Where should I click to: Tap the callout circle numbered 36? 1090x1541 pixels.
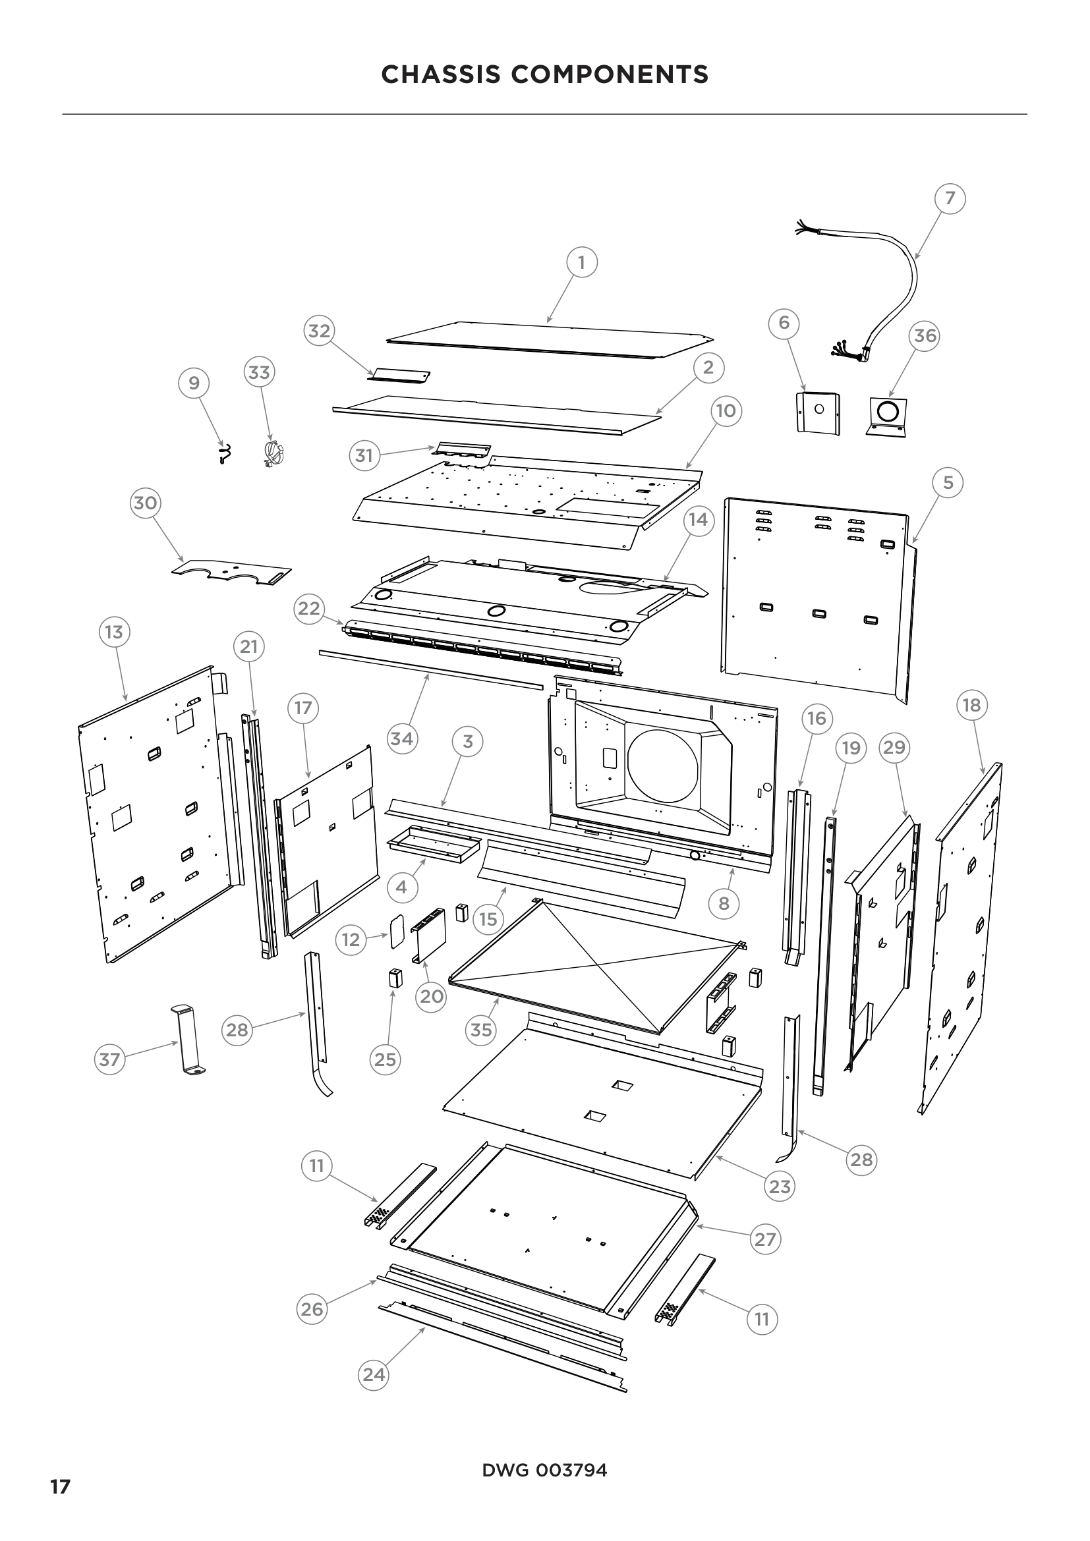point(925,335)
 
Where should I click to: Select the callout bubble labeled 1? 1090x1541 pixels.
point(581,262)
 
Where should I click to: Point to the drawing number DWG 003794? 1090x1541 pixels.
point(544,1471)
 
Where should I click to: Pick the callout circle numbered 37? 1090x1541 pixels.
point(109,1060)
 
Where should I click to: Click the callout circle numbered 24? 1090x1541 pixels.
point(374,1375)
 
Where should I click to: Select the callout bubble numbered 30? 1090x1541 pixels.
point(146,503)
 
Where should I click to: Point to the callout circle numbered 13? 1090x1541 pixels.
point(114,632)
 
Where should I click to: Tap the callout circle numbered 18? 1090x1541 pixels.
point(971,706)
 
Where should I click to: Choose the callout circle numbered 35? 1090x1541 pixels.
point(481,1030)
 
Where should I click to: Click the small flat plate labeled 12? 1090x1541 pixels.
point(397,931)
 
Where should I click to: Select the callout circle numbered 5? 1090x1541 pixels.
point(948,482)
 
